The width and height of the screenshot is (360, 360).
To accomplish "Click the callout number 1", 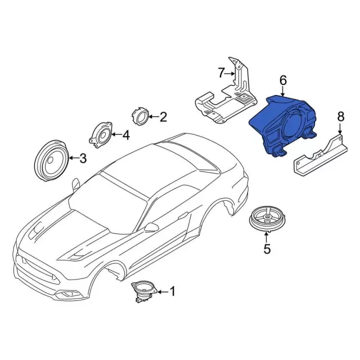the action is [x=172, y=291].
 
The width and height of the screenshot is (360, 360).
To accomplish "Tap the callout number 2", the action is [x=163, y=117].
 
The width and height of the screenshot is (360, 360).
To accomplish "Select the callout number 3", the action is [x=83, y=158].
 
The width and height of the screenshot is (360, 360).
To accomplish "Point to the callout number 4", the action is [x=126, y=135].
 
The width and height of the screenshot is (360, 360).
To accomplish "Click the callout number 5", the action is [x=267, y=249].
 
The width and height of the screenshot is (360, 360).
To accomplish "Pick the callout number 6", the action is [x=283, y=81].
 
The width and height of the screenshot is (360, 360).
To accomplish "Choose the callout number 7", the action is [x=220, y=73].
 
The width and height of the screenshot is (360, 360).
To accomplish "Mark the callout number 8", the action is [x=341, y=116].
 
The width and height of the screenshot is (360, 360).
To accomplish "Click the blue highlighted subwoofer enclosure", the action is [x=282, y=126].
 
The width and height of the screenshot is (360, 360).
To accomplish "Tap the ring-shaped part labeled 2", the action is [x=141, y=116].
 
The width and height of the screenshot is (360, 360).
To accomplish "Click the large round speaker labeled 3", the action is [x=52, y=160].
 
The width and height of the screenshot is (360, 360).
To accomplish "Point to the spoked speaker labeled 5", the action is [x=268, y=220].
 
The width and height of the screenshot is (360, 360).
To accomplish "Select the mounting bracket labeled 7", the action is [x=226, y=96].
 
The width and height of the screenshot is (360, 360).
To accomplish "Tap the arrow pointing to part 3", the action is [x=74, y=158].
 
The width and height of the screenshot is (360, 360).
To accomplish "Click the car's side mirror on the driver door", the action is [x=152, y=227].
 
